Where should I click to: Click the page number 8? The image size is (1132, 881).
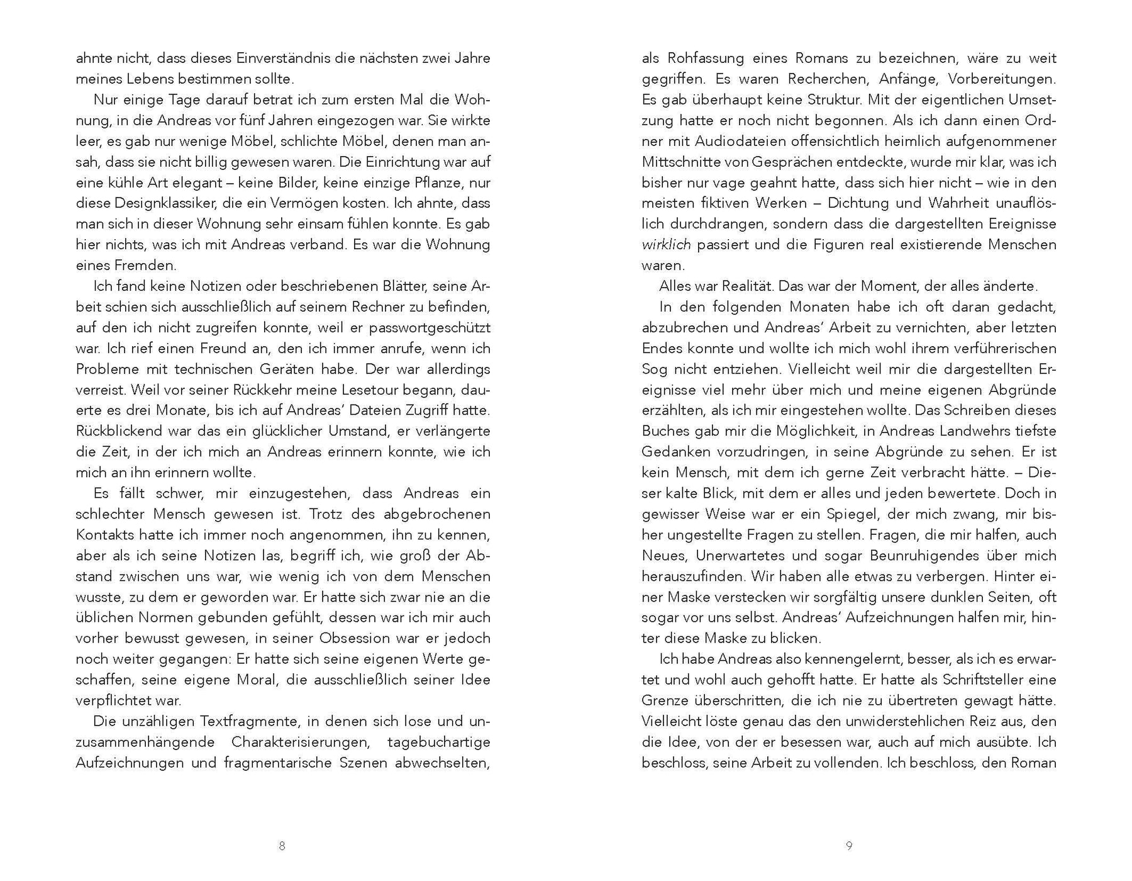(282, 846)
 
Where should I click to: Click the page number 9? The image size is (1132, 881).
(849, 846)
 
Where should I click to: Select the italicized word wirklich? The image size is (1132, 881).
(666, 245)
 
